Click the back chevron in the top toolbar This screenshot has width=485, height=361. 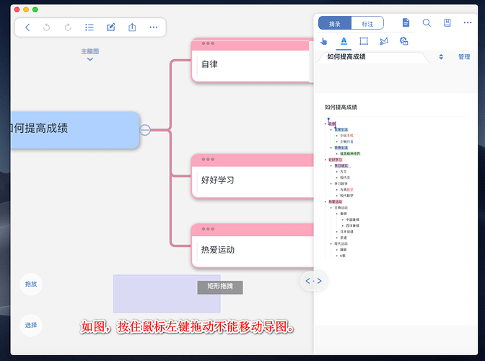pyautogui.click(x=27, y=27)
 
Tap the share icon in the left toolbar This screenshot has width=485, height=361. pyautogui.click(x=132, y=27)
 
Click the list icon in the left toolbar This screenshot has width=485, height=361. pyautogui.click(x=89, y=27)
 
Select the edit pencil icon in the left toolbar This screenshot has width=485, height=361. pyautogui.click(x=111, y=27)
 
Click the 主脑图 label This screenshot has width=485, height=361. pyautogui.click(x=90, y=51)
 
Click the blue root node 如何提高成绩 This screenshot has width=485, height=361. pyautogui.click(x=72, y=129)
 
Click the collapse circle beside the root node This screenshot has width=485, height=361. pyautogui.click(x=145, y=130)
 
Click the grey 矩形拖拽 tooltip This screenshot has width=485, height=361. pyautogui.click(x=220, y=287)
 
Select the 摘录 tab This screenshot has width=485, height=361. pyautogui.click(x=335, y=23)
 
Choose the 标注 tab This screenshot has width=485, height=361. pyautogui.click(x=368, y=23)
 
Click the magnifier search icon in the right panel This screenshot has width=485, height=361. pyautogui.click(x=427, y=23)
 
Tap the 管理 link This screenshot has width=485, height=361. pyautogui.click(x=464, y=57)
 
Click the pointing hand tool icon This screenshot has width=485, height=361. pyautogui.click(x=324, y=41)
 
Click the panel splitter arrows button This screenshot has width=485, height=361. pyautogui.click(x=313, y=280)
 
